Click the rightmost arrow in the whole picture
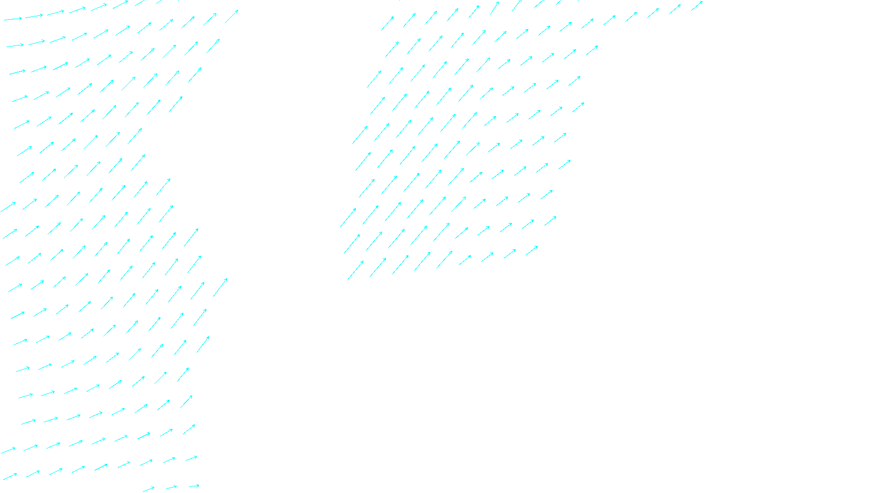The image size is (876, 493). [x=696, y=6]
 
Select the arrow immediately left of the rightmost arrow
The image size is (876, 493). [x=675, y=9]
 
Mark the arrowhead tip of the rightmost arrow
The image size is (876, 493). [x=702, y=2]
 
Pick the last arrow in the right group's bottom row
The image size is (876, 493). [x=532, y=250]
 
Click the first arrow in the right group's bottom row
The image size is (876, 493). [x=355, y=270]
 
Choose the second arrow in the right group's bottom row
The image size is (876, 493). [x=378, y=267]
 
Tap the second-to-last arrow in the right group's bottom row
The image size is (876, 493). [x=509, y=254]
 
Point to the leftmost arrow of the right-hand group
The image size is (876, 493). [x=348, y=217]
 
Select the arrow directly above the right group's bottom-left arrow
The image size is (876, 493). [x=352, y=244]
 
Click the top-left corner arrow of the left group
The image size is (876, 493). [x=13, y=19]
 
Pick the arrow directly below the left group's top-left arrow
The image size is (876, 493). [x=15, y=45]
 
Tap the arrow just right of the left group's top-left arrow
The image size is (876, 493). [x=34, y=16]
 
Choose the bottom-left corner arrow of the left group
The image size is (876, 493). [x=10, y=477]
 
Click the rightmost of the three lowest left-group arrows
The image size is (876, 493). [x=194, y=486]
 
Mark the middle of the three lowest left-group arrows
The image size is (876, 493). [x=171, y=487]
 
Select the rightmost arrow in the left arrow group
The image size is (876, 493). [x=232, y=16]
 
